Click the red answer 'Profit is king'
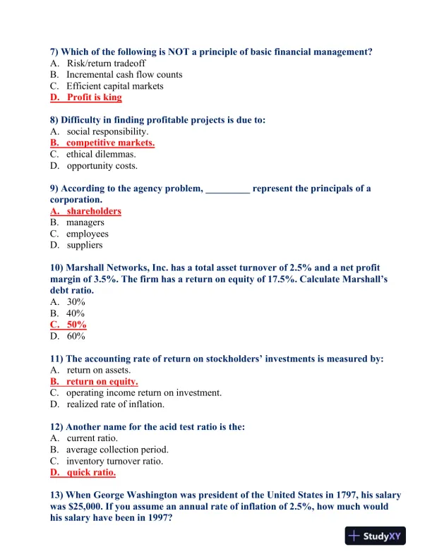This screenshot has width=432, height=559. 94,97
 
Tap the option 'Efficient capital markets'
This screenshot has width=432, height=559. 114,86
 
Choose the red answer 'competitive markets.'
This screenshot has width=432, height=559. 110,143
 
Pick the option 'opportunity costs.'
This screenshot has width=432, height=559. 102,166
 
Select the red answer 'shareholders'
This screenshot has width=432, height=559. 94,211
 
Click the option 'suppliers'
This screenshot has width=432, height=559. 85,245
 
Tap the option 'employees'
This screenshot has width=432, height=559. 88,234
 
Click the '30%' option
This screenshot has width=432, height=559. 76,302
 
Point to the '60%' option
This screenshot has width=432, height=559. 76,336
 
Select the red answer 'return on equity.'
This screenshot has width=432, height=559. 102,382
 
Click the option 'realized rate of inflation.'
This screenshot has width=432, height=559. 116,404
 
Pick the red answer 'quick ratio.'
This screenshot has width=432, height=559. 91,473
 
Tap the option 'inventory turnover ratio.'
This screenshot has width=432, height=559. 114,462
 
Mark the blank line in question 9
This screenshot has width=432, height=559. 227,189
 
